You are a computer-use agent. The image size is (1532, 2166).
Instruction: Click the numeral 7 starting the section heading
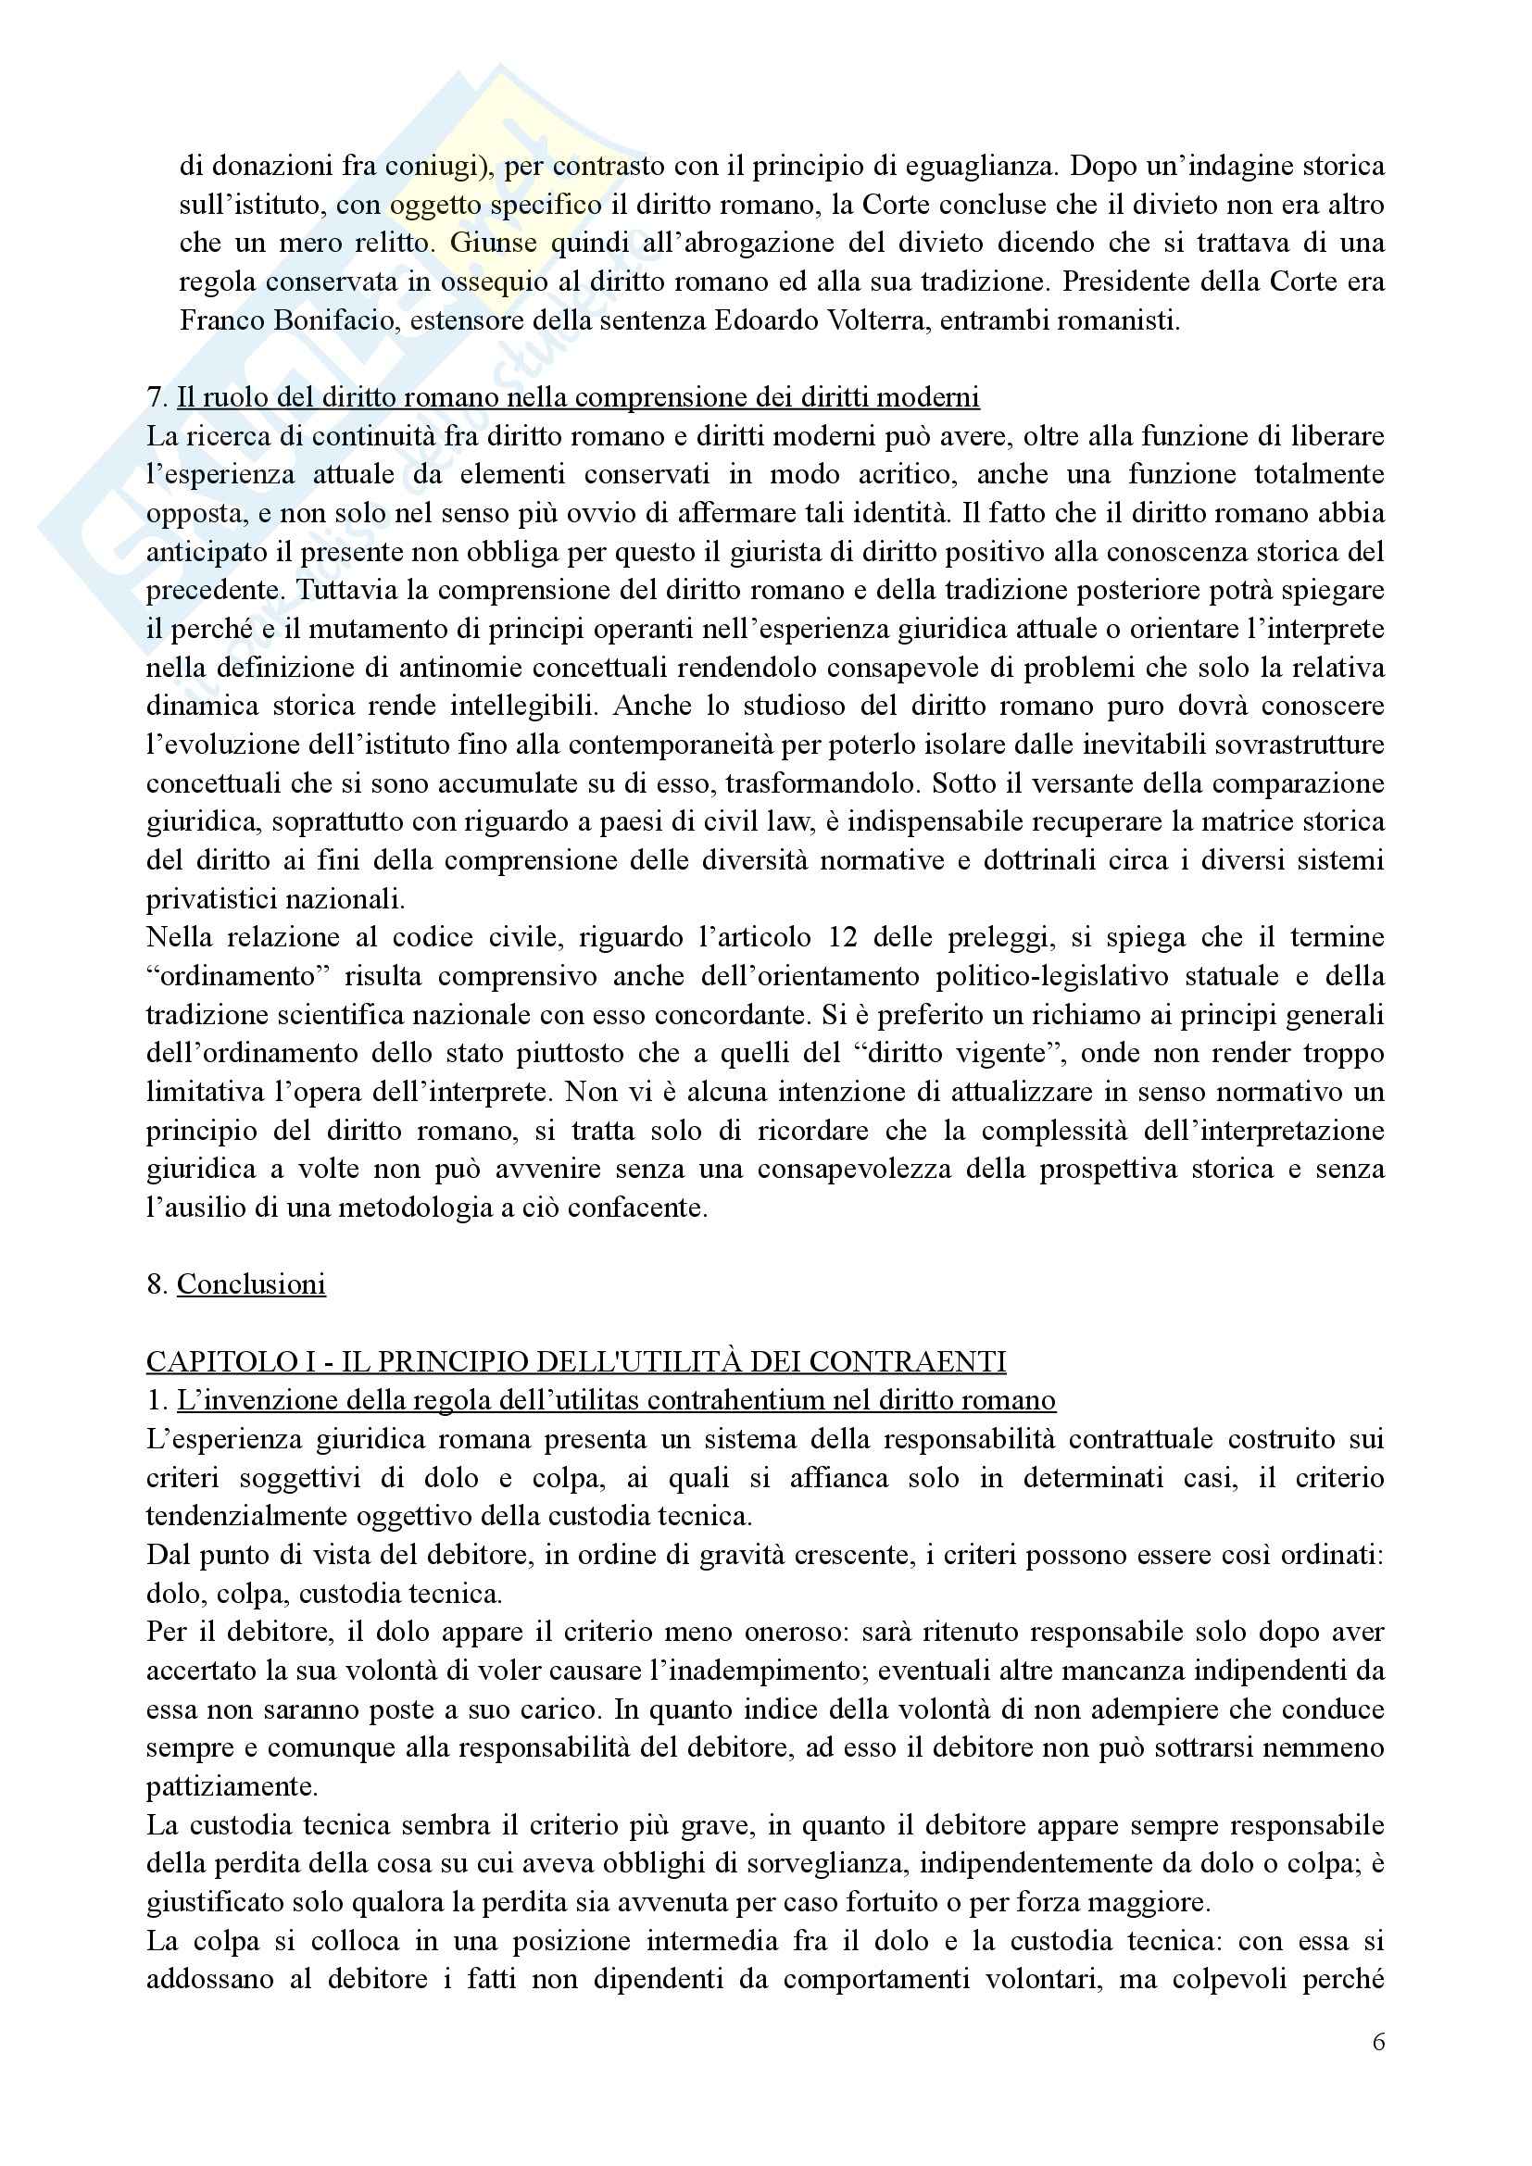pos(154,398)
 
